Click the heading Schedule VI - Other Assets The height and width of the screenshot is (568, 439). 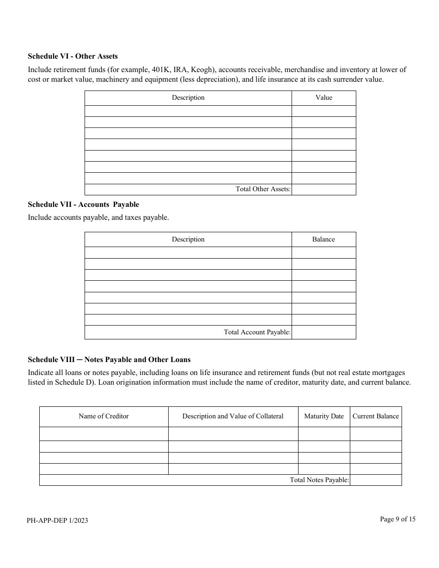click(73, 56)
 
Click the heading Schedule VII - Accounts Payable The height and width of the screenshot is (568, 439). click(83, 205)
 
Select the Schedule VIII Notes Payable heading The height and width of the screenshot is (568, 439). click(109, 359)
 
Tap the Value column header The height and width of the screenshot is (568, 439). click(323, 97)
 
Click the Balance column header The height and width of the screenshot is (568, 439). click(323, 239)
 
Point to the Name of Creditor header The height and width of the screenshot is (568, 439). click(104, 416)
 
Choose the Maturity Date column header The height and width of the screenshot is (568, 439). click(323, 416)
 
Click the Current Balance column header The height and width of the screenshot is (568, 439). click(375, 416)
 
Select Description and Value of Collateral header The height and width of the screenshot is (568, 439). click(233, 416)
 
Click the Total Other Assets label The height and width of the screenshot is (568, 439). click(263, 189)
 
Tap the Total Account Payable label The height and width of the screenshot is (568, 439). click(257, 332)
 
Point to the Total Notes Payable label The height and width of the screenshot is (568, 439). click(319, 480)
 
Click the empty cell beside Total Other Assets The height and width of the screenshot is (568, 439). click(323, 189)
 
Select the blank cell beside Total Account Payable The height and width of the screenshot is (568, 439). click(323, 332)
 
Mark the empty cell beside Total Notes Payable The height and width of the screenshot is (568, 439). click(375, 480)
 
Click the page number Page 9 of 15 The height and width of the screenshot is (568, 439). click(397, 519)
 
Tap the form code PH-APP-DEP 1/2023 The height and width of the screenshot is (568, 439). click(58, 520)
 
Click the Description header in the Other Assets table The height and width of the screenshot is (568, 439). click(188, 97)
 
